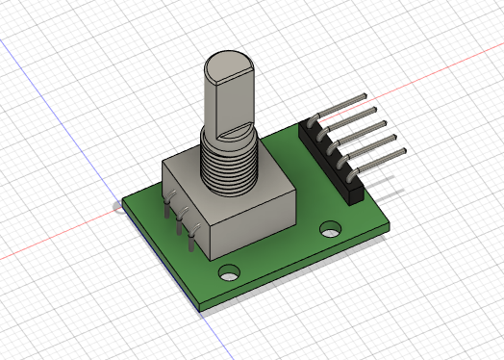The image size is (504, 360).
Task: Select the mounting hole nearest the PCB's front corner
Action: click(231, 271)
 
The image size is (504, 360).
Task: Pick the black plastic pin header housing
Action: click(332, 164)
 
